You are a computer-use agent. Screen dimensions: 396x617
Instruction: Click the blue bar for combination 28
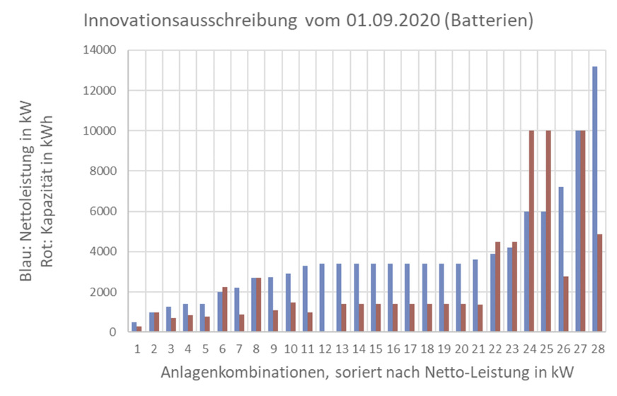coord(595,199)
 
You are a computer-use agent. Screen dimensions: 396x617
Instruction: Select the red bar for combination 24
coord(531,231)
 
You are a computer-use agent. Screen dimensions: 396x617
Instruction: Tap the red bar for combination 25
coord(548,231)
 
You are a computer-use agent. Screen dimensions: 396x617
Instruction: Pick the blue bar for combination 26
coord(560,259)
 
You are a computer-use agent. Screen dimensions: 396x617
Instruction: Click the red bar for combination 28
coord(600,283)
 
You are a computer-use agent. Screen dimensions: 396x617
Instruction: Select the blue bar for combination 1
coord(134,327)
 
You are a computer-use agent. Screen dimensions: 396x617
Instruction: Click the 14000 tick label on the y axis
coord(100,50)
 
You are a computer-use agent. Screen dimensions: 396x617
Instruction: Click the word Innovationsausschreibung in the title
coord(190,21)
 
